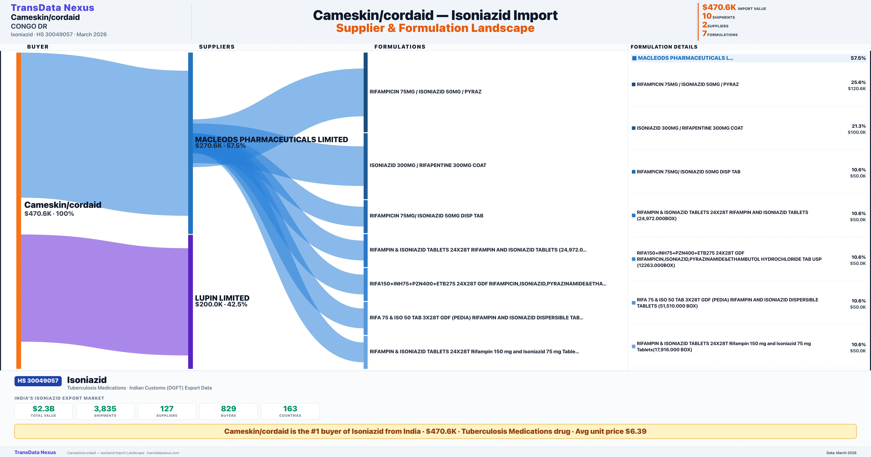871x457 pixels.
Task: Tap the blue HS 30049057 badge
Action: click(38, 381)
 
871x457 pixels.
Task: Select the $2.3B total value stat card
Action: click(43, 411)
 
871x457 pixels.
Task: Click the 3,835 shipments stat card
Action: click(105, 411)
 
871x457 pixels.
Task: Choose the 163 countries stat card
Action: click(290, 411)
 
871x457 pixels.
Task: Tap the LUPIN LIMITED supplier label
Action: click(222, 298)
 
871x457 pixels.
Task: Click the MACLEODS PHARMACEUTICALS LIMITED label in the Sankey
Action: click(271, 140)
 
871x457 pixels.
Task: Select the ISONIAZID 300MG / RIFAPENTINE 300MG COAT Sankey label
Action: click(428, 165)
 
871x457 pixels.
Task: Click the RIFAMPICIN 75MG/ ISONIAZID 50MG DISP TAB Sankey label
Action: click(426, 216)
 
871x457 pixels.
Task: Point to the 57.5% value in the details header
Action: click(858, 58)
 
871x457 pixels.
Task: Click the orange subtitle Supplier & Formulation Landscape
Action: click(435, 28)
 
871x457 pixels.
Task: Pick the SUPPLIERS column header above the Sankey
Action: click(217, 47)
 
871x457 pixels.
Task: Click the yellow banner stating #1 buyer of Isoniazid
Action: click(435, 431)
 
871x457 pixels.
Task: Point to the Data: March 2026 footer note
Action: click(841, 453)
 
